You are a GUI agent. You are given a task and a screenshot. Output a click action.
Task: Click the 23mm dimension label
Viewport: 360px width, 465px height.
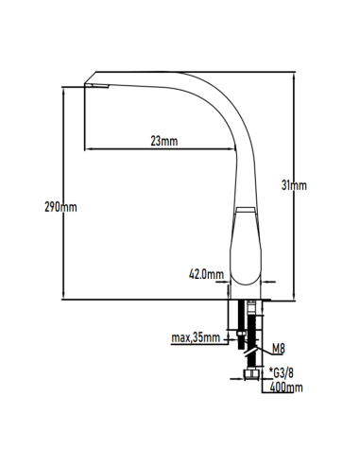[164, 141]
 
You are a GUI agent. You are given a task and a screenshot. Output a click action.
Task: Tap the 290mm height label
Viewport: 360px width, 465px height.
[60, 207]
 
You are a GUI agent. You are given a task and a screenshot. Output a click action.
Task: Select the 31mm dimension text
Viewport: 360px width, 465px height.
[294, 185]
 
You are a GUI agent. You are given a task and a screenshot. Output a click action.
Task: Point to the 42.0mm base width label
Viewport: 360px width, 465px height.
[206, 274]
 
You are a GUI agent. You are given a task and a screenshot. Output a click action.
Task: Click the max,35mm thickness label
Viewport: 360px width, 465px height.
[196, 337]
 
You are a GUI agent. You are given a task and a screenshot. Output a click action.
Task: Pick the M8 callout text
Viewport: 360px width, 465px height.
[279, 349]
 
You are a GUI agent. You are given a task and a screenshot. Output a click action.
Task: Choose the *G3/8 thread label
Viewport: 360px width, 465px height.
[282, 373]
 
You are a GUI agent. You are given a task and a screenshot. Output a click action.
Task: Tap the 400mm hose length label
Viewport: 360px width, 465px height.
[286, 387]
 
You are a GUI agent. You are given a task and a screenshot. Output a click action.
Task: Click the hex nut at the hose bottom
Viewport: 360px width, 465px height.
[251, 374]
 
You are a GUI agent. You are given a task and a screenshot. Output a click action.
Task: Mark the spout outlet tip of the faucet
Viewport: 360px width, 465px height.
[96, 86]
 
